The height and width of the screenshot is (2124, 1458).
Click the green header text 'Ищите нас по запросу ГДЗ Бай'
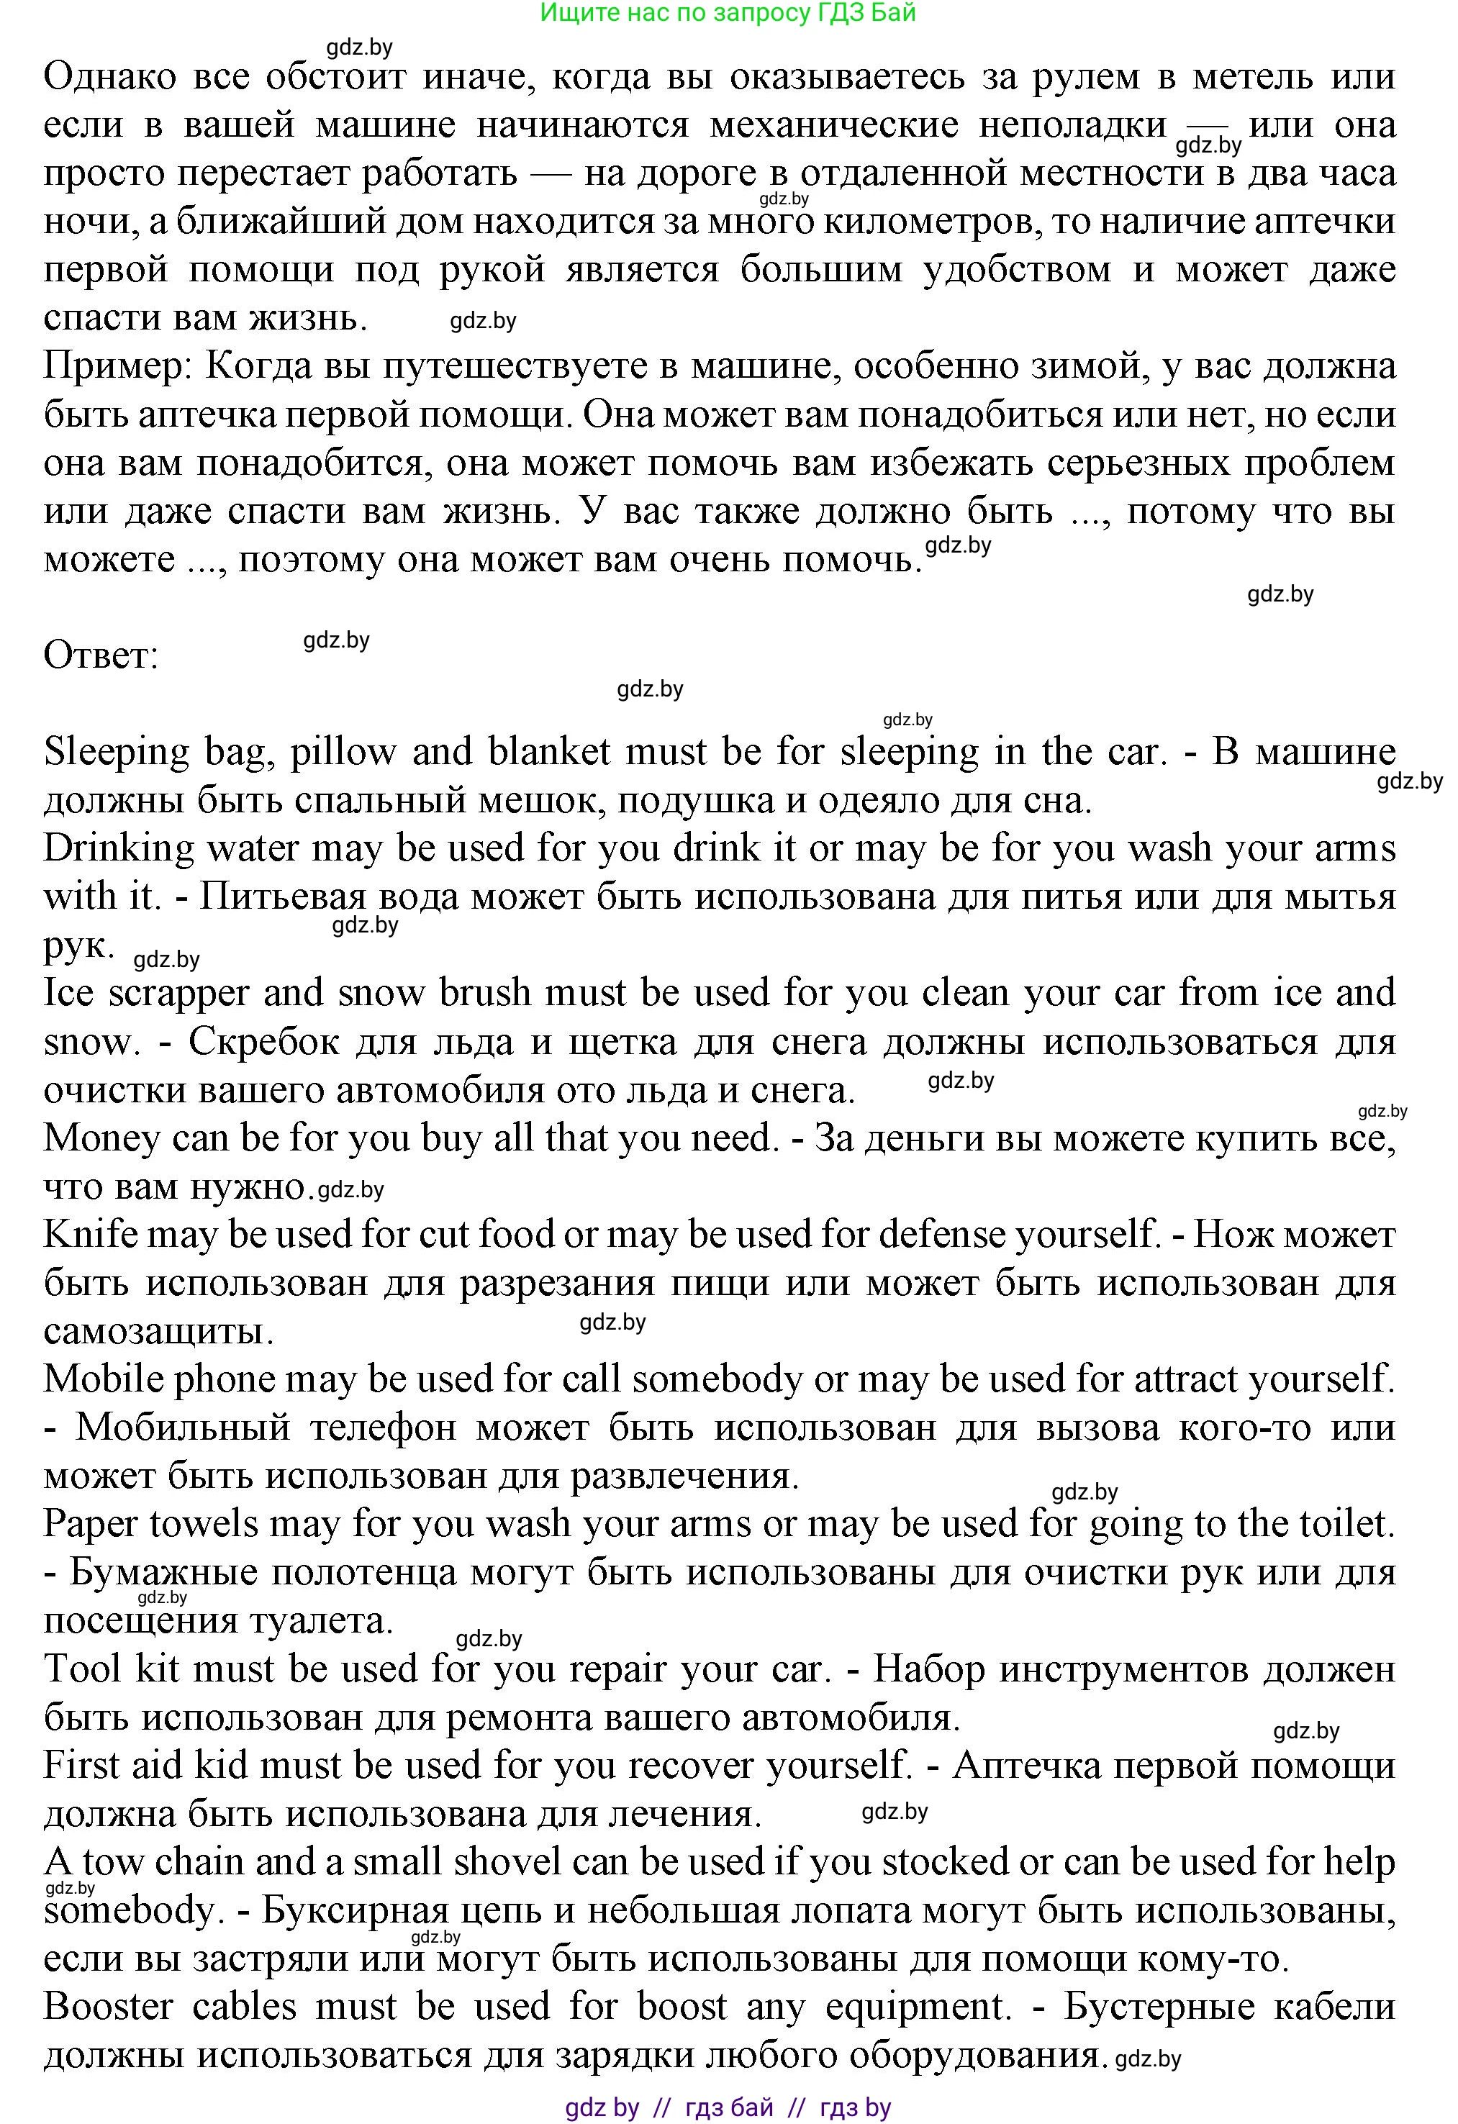(728, 13)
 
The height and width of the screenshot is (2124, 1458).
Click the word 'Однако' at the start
(109, 77)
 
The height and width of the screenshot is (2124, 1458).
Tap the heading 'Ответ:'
(101, 656)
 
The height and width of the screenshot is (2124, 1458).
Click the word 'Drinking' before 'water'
(119, 849)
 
